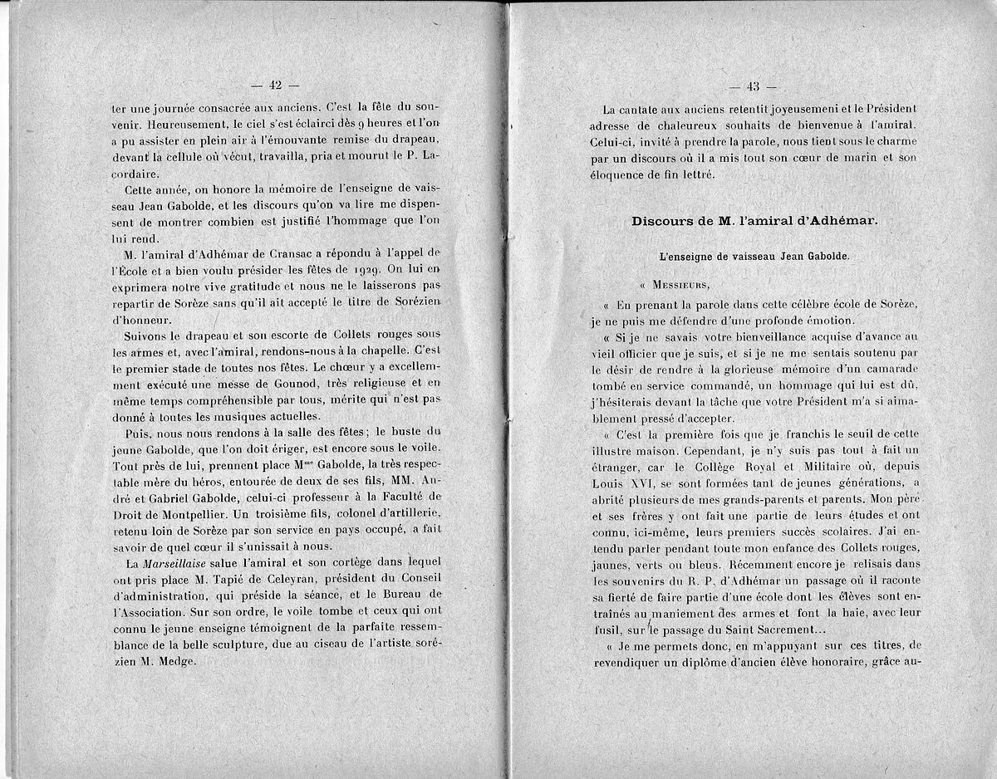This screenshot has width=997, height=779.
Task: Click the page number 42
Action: (x=275, y=85)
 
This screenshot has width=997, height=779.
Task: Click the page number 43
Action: (x=754, y=86)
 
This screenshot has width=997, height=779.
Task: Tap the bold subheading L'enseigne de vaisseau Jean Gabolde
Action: (x=754, y=258)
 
